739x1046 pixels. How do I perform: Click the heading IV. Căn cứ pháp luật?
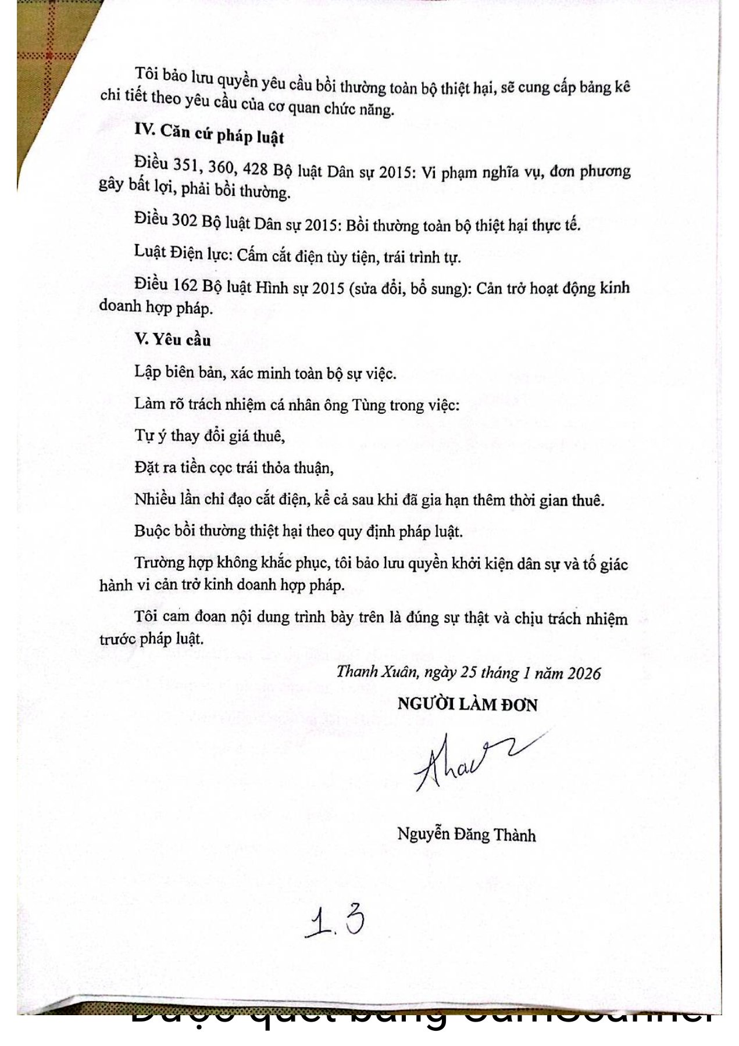209,133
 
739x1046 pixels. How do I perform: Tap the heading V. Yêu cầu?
172,339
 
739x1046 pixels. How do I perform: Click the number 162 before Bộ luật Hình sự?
185,285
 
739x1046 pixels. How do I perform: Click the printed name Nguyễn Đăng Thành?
466,834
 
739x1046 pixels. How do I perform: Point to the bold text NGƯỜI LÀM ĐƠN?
467,704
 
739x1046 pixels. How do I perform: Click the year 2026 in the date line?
583,673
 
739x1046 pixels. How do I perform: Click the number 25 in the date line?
469,672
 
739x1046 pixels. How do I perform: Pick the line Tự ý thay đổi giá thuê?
209,436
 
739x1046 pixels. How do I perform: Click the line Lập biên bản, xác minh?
265,372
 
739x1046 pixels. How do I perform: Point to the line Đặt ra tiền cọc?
234,467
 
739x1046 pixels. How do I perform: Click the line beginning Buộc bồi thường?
298,531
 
